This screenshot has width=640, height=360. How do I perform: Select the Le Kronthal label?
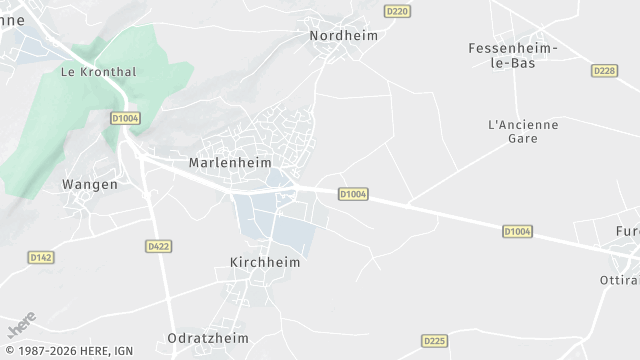click(x=98, y=72)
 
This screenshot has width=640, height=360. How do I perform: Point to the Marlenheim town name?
click(x=229, y=162)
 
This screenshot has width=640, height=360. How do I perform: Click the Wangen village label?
click(x=90, y=184)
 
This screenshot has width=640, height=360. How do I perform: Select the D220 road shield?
click(x=397, y=11)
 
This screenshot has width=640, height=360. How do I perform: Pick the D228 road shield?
click(x=604, y=71)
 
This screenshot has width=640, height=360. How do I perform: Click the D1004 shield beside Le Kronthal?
click(x=126, y=118)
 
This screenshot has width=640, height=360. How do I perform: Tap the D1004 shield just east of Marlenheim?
click(x=354, y=194)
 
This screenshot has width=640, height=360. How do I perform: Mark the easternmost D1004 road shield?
click(x=517, y=232)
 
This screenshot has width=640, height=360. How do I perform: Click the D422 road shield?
click(x=158, y=246)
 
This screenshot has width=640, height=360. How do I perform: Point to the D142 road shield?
click(x=40, y=257)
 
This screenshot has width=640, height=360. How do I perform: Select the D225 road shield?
click(x=433, y=340)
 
